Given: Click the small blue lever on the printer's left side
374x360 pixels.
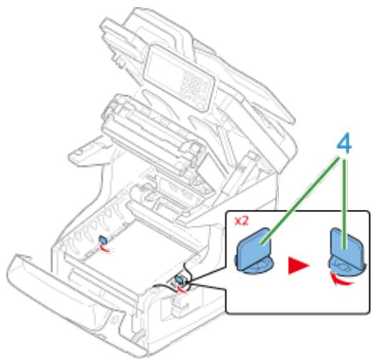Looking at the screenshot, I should tap(102, 242).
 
